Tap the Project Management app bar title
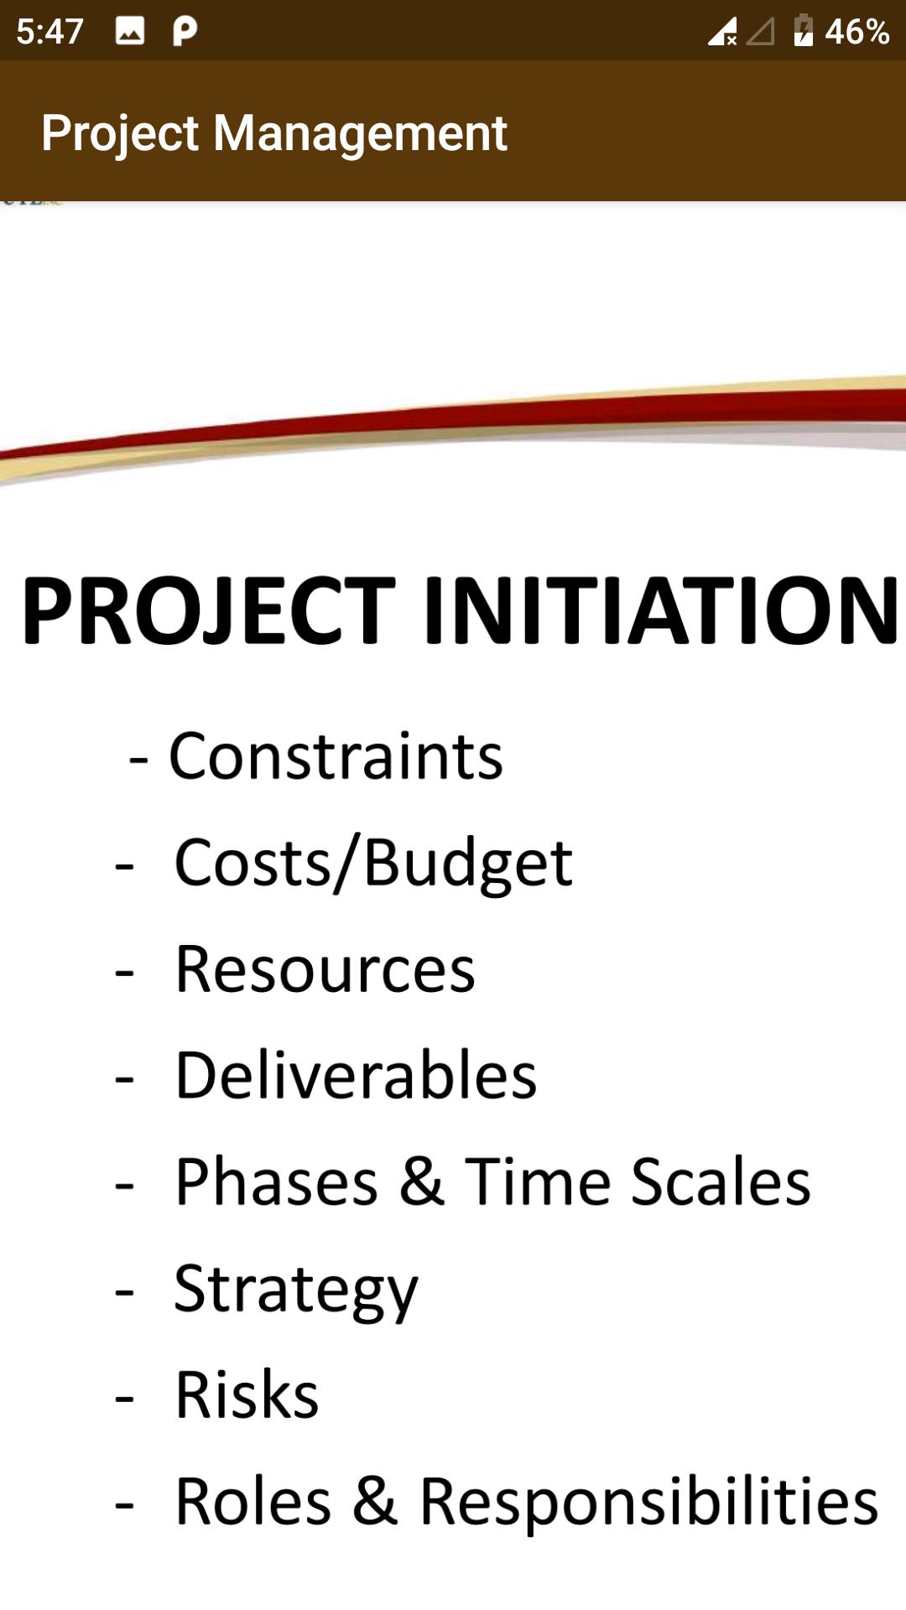[x=274, y=133]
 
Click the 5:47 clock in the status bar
[x=49, y=32]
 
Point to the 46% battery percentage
[x=857, y=32]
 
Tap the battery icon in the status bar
[x=803, y=30]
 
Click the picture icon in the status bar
[x=130, y=32]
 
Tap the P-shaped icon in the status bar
[x=185, y=31]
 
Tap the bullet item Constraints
[x=336, y=756]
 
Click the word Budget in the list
[x=468, y=864]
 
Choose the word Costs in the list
[x=253, y=863]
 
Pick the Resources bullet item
[x=325, y=969]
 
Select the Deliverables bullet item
[x=356, y=1075]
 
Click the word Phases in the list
[x=277, y=1182]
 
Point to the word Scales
[x=721, y=1182]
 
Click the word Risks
[x=247, y=1394]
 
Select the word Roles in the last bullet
[x=253, y=1501]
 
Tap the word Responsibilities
[x=649, y=1501]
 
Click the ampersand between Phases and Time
[x=422, y=1182]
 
